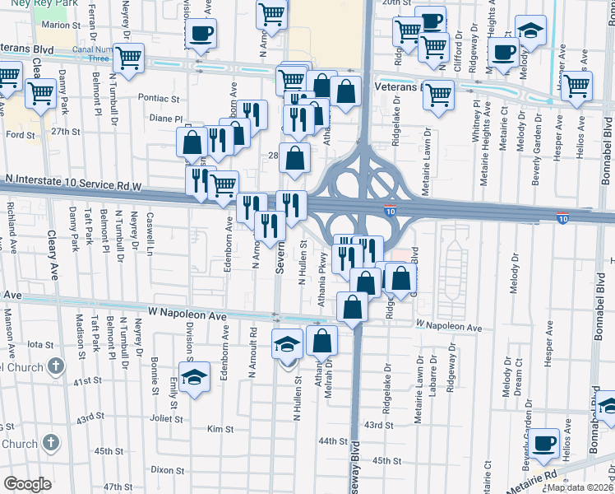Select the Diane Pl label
(x=165, y=118)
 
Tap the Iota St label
(x=40, y=345)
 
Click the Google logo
(x=27, y=484)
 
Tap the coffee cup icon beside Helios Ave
(x=543, y=444)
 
